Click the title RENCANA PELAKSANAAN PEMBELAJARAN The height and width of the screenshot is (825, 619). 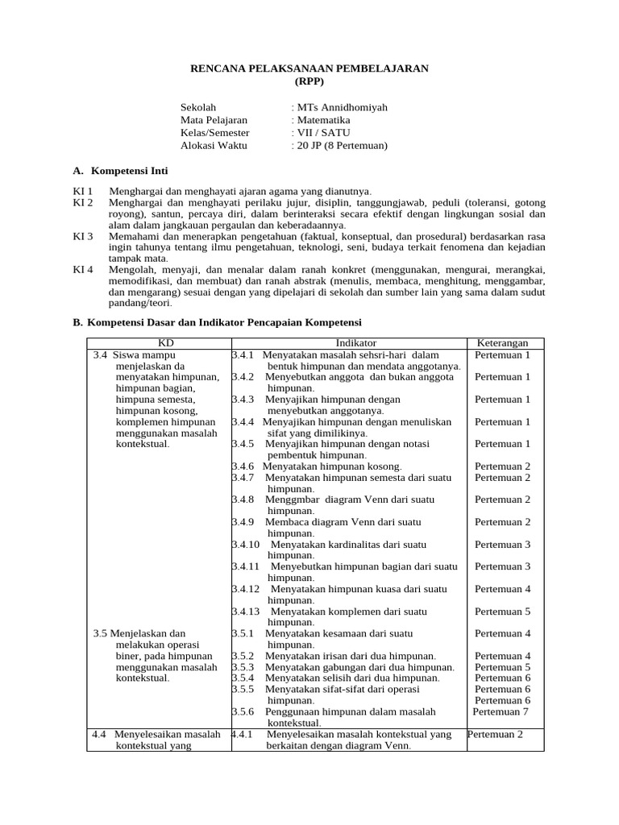[x=309, y=69]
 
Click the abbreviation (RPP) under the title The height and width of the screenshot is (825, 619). [x=309, y=81]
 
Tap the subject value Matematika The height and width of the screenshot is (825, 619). [x=322, y=120]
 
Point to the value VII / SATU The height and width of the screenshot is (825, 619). [x=322, y=133]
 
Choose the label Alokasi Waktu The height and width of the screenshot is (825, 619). [x=214, y=146]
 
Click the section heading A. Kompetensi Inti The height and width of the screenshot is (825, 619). [x=120, y=172]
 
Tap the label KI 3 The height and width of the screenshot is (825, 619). [x=83, y=236]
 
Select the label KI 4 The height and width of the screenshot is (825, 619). [x=83, y=269]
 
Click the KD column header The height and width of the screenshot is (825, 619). [x=159, y=343]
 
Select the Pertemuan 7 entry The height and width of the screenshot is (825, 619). [x=501, y=711]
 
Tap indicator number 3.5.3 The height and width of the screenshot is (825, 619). [x=243, y=667]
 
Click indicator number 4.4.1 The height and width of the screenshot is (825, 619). [x=243, y=735]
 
